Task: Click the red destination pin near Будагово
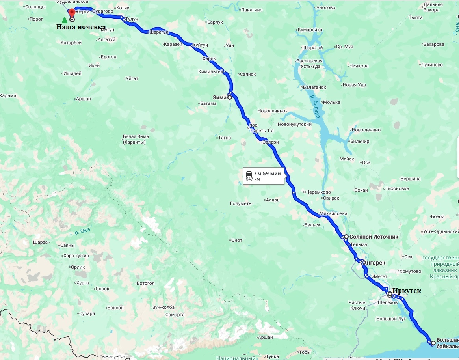(72, 13)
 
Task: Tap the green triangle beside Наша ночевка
(65, 20)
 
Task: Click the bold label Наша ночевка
(81, 27)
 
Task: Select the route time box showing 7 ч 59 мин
(264, 176)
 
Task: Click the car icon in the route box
(249, 173)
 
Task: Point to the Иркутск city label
(407, 291)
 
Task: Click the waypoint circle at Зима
(229, 97)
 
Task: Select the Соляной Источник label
(374, 237)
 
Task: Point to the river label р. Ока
(82, 230)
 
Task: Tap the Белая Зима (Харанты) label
(136, 139)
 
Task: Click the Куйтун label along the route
(200, 45)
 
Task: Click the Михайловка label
(333, 213)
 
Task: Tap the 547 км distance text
(253, 179)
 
